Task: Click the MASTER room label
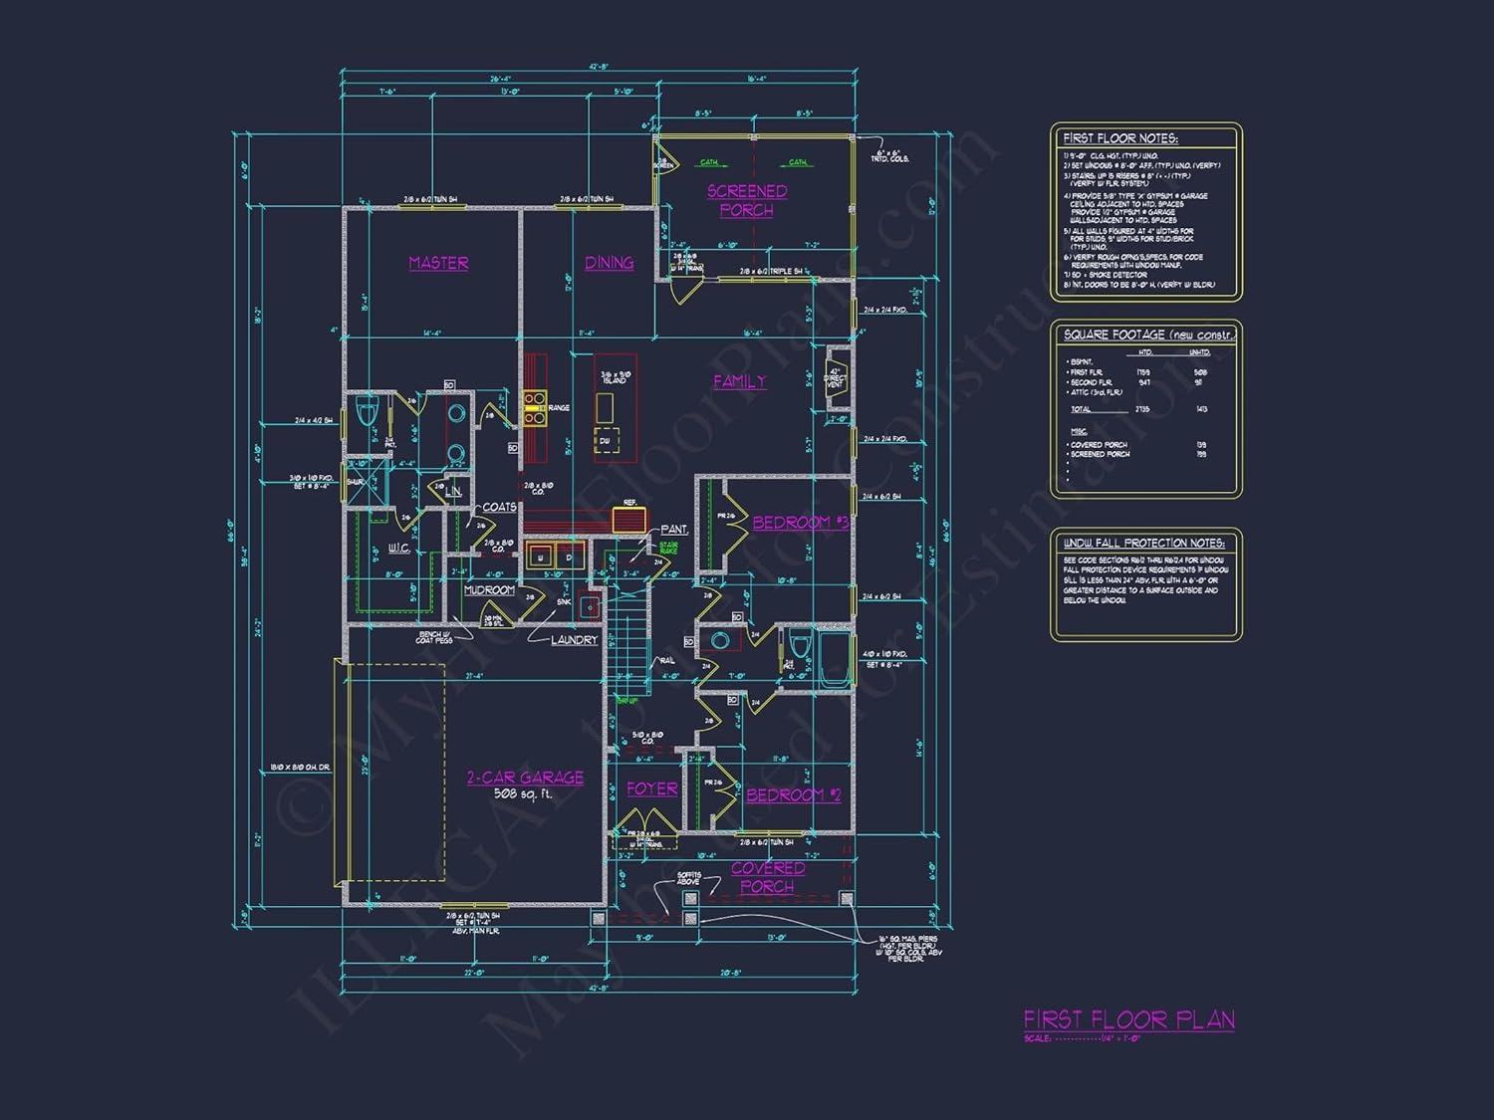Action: (x=438, y=263)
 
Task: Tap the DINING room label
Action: (x=609, y=263)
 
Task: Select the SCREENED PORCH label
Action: (x=747, y=200)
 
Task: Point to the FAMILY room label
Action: (x=740, y=381)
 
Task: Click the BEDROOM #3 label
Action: (x=800, y=523)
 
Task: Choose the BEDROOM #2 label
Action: (x=793, y=794)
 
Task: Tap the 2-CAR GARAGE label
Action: (x=525, y=778)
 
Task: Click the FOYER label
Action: (x=651, y=788)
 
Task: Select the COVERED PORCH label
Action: (x=767, y=877)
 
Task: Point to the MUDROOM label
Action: (x=489, y=590)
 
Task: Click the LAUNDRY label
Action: (x=574, y=640)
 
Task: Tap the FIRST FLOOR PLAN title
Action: (x=1128, y=1019)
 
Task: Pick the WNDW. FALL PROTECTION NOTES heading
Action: (x=1143, y=543)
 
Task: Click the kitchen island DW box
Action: (x=605, y=440)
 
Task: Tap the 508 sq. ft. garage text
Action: (x=522, y=794)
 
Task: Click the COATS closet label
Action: (x=499, y=507)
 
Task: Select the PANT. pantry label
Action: (x=674, y=530)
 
